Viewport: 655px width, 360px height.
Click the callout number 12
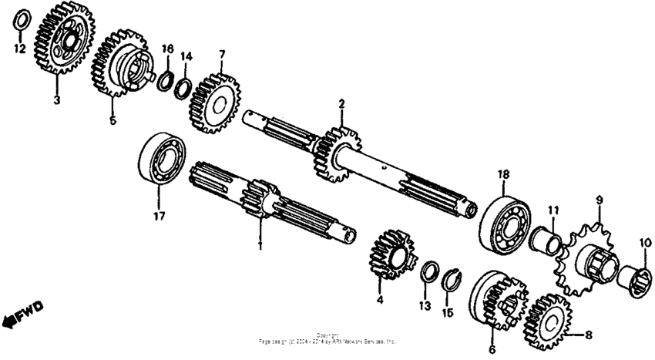point(20,49)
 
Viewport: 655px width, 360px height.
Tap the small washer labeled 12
point(23,19)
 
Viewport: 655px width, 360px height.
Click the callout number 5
point(112,120)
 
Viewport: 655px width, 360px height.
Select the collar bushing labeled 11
point(546,241)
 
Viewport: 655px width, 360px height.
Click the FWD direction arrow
point(23,313)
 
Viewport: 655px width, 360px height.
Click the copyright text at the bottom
point(328,338)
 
